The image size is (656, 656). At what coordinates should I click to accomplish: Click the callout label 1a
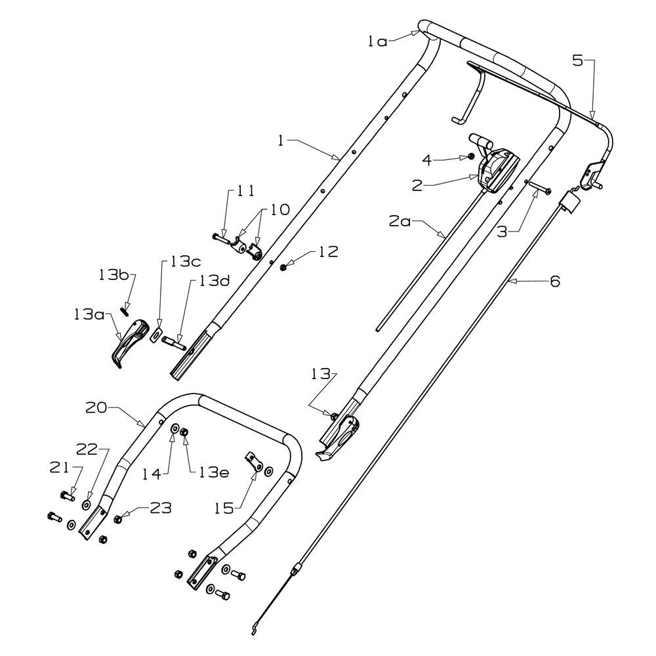click(x=377, y=41)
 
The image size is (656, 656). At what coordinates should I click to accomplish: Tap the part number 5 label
click(x=577, y=60)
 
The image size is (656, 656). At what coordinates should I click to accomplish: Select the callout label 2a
click(x=400, y=221)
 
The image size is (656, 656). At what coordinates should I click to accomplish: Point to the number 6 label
click(x=555, y=281)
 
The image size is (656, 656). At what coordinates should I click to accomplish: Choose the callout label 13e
click(x=214, y=473)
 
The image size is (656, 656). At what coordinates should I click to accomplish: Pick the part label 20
click(x=96, y=407)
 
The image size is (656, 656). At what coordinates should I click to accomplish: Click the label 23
click(x=161, y=508)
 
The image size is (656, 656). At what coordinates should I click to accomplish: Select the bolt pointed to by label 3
click(x=540, y=187)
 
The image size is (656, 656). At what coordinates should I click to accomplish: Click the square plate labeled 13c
click(x=156, y=335)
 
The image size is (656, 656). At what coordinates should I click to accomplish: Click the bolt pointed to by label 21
click(x=68, y=497)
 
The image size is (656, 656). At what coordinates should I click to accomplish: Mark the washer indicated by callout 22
click(x=86, y=504)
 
